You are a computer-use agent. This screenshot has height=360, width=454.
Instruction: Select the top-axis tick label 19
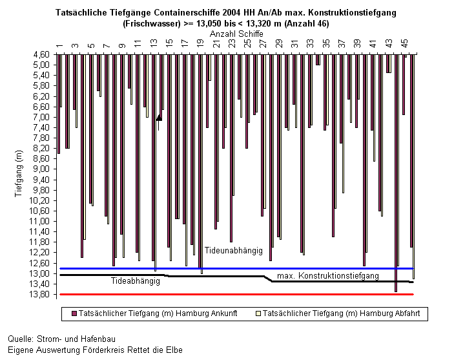[200, 43]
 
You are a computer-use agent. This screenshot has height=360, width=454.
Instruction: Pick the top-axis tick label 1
[59, 45]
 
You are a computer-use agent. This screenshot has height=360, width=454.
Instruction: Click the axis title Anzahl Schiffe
[236, 34]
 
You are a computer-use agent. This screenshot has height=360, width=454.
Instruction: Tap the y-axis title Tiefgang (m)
[19, 173]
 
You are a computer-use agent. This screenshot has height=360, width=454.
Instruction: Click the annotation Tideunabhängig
[233, 250]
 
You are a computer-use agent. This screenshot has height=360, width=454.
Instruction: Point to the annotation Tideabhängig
[136, 281]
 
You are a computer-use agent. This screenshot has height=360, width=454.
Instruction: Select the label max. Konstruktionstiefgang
[328, 275]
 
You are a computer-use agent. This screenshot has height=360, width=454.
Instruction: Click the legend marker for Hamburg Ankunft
[74, 313]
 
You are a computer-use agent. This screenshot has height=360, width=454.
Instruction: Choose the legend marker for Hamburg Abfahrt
[258, 313]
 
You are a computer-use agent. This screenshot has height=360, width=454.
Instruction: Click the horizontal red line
[236, 295]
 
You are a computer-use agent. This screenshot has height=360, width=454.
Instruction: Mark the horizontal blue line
[236, 268]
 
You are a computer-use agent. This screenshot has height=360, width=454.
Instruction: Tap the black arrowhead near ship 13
[159, 118]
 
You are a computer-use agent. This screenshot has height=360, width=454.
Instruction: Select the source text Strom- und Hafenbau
[76, 339]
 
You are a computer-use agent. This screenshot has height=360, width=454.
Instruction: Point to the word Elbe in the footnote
[174, 350]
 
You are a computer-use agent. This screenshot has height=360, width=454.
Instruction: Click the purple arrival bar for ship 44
[396, 173]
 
